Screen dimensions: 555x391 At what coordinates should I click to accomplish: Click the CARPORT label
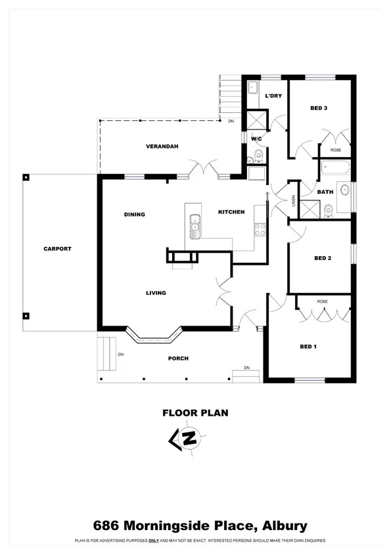pyautogui.click(x=57, y=249)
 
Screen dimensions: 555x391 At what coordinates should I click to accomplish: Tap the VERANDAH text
pyautogui.click(x=162, y=146)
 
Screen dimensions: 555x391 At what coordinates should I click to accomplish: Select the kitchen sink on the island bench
pyautogui.click(x=195, y=227)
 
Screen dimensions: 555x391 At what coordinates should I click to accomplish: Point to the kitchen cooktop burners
pyautogui.click(x=260, y=230)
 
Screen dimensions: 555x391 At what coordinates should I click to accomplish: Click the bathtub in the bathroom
pyautogui.click(x=334, y=169)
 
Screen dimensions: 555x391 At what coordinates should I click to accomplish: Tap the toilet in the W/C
pyautogui.click(x=258, y=156)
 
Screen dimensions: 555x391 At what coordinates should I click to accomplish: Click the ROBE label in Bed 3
pyautogui.click(x=335, y=150)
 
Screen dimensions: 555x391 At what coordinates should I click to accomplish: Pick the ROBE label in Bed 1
pyautogui.click(x=322, y=301)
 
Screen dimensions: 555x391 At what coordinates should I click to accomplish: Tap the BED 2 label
pyautogui.click(x=322, y=258)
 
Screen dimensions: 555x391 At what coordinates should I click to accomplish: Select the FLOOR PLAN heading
pyautogui.click(x=195, y=413)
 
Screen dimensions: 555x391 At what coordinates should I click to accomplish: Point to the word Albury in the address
pyautogui.click(x=285, y=525)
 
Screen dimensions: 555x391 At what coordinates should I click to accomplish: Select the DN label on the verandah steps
pyautogui.click(x=231, y=122)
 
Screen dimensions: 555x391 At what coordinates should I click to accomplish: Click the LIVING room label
pyautogui.click(x=156, y=293)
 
